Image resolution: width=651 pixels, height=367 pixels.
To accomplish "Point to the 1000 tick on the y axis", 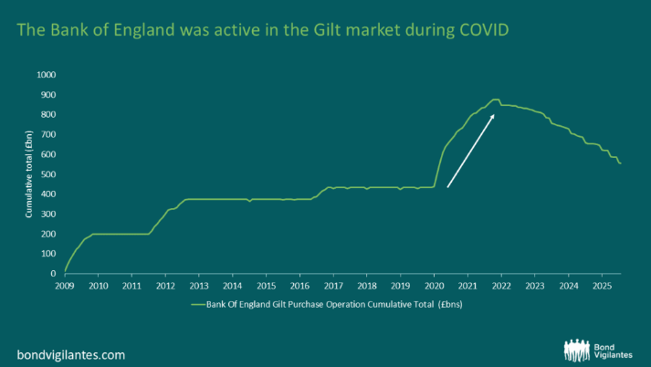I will pos(46,75).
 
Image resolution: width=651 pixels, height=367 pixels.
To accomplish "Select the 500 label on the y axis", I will pos(48,174).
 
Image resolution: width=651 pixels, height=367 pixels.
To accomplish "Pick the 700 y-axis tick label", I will pos(48,134).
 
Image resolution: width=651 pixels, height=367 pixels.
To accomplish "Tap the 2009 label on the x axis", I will pos(65,286).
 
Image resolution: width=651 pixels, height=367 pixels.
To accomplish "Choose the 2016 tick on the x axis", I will pos(299,286).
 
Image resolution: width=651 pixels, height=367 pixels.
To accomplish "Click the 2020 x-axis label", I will pos(434,286).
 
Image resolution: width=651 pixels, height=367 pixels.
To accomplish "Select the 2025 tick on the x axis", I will pos(602,286).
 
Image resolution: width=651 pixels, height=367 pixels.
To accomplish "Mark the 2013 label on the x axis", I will pos(199,286).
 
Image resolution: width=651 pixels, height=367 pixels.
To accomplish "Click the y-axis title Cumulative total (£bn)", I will pos(28,174).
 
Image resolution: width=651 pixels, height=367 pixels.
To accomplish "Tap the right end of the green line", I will pos(621,163).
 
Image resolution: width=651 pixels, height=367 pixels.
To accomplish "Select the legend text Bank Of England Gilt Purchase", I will pos(274,304).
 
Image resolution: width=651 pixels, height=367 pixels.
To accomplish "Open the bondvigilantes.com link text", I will pos(71,353).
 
